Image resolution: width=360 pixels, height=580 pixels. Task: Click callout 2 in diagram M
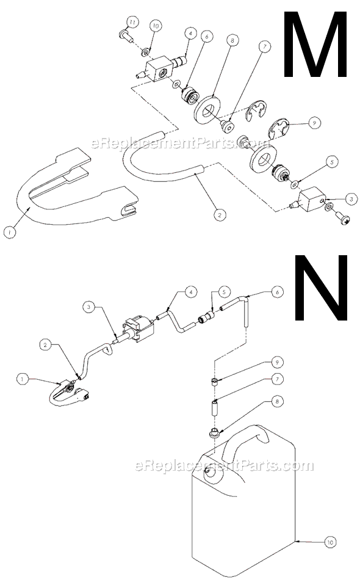(217, 214)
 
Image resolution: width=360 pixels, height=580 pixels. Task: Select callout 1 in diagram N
(23, 379)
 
